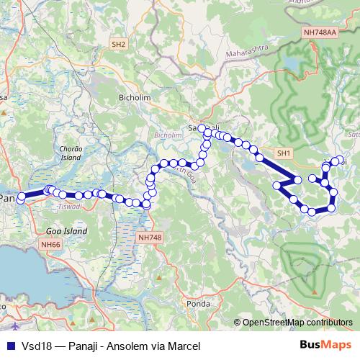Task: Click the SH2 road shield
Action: click(119, 45)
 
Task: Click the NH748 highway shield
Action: click(149, 237)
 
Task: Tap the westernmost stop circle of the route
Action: click(22, 197)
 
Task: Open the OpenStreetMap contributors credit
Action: click(297, 322)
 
